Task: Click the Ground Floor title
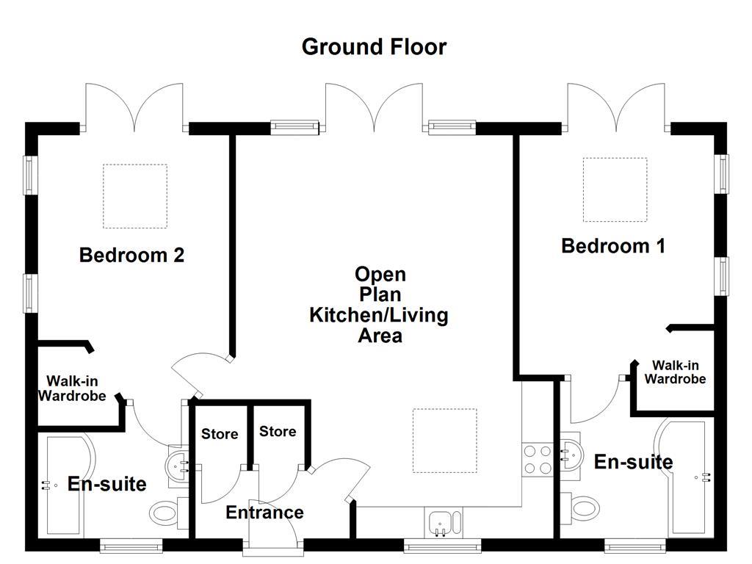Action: point(374,47)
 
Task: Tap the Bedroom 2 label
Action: point(131,256)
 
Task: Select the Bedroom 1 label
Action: point(613,246)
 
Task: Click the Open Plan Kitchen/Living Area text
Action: point(379,305)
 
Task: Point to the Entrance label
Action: point(264,512)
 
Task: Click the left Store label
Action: point(220,434)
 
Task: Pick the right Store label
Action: point(278,431)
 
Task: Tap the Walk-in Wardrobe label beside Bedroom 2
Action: point(72,388)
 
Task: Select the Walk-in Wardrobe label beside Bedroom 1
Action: point(675,372)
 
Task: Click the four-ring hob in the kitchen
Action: point(536,459)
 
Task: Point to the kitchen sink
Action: point(443,523)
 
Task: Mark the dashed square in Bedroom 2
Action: point(134,196)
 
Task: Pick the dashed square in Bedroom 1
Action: point(615,189)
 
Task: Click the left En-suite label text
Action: point(107,484)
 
